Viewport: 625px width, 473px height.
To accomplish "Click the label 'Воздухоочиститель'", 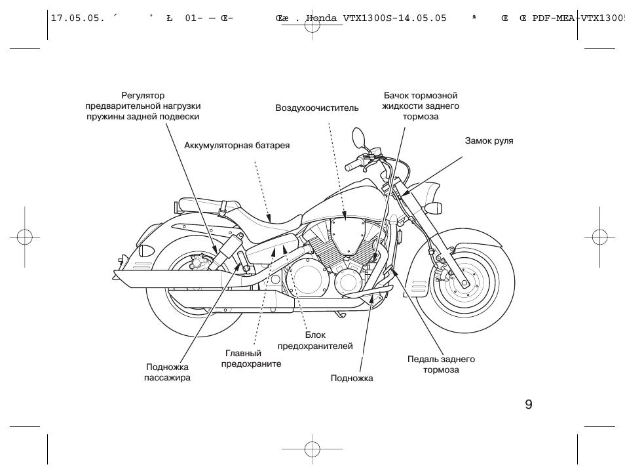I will (316, 108).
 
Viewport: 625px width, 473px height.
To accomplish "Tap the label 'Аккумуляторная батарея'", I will (237, 145).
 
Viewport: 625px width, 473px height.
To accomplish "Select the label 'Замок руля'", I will (489, 140).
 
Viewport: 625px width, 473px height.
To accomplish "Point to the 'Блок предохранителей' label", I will (315, 340).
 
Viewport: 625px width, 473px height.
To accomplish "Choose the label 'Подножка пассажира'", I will (167, 373).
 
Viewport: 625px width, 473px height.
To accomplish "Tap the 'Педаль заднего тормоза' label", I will (441, 365).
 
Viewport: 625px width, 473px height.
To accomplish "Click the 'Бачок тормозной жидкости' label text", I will (420, 106).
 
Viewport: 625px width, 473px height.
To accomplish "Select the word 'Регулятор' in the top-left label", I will (143, 95).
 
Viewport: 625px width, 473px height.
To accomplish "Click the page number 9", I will (528, 404).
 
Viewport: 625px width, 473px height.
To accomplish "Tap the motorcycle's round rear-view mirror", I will (358, 138).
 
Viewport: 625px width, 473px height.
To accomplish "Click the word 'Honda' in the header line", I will (323, 18).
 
